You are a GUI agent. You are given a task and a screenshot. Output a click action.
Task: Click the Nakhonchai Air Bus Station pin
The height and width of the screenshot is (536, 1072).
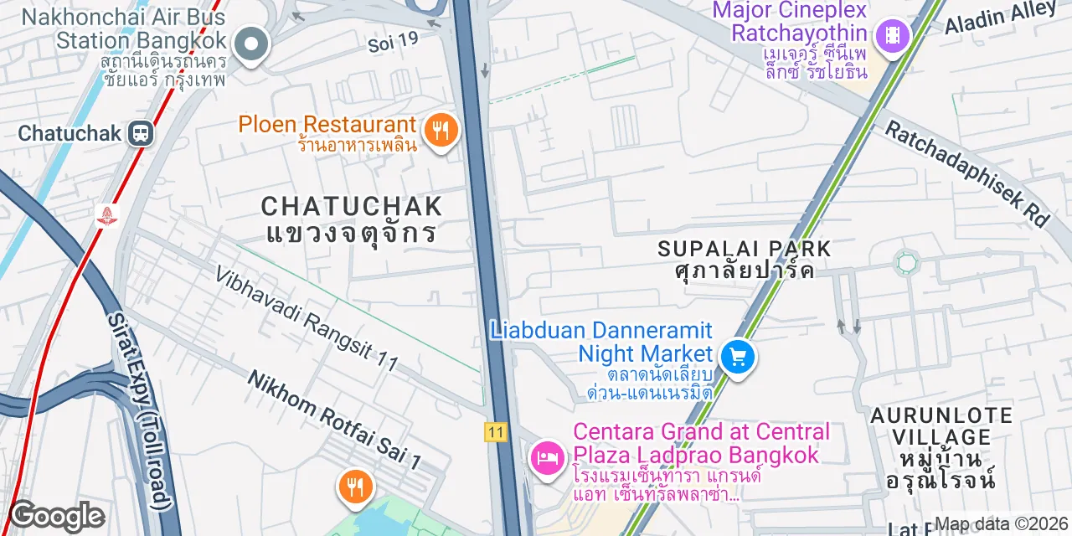[251, 44]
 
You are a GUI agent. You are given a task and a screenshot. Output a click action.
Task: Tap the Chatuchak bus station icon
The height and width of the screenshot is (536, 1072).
[142, 133]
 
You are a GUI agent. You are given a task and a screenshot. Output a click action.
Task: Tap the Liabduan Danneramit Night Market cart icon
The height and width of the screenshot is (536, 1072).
[737, 358]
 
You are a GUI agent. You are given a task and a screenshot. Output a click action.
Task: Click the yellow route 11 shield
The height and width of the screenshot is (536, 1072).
[495, 432]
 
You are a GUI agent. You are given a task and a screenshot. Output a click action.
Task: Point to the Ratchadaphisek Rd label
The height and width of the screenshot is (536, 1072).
[967, 174]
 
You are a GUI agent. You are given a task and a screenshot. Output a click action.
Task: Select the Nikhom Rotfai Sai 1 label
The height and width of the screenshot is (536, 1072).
[333, 420]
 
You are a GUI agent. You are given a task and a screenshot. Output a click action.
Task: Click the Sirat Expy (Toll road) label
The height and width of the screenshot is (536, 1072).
[139, 410]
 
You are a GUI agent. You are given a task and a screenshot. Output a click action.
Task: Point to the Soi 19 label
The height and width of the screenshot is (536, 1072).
[392, 42]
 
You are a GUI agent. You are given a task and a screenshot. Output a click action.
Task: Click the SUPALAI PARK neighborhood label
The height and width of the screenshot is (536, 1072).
[744, 249]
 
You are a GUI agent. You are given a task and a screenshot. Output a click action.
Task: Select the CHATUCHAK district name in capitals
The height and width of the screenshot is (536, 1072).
[352, 206]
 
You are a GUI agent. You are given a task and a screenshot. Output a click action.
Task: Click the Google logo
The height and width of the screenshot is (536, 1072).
[57, 517]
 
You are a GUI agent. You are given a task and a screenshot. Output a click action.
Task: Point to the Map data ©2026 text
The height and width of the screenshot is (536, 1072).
[1002, 524]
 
